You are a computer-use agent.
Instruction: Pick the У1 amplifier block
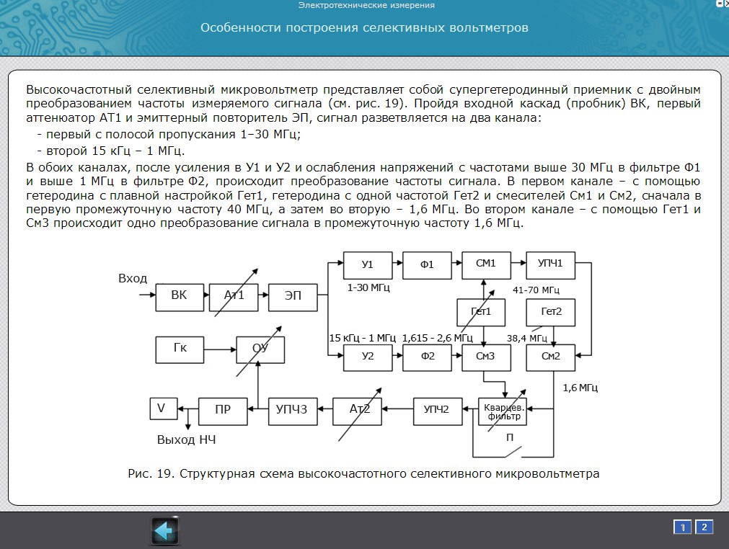(x=368, y=264)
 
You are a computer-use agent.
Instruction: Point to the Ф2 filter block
(x=427, y=357)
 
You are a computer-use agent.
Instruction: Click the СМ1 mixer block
(x=486, y=264)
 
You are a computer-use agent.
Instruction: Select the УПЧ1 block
(x=550, y=264)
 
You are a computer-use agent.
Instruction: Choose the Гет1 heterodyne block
(x=481, y=312)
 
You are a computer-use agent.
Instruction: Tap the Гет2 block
(x=550, y=312)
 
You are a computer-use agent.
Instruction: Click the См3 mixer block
(x=486, y=357)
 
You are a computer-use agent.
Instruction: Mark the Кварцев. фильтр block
(x=503, y=411)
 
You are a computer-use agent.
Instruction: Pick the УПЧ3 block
(x=292, y=409)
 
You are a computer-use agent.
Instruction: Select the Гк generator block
(x=180, y=349)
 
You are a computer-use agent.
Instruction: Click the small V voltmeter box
(x=161, y=409)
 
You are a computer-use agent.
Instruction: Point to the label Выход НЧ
(x=185, y=439)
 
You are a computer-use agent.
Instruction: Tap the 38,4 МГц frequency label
(x=527, y=337)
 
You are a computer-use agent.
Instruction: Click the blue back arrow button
(x=164, y=531)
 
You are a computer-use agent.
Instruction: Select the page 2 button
(x=703, y=527)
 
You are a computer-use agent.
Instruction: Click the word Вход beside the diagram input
(x=132, y=279)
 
